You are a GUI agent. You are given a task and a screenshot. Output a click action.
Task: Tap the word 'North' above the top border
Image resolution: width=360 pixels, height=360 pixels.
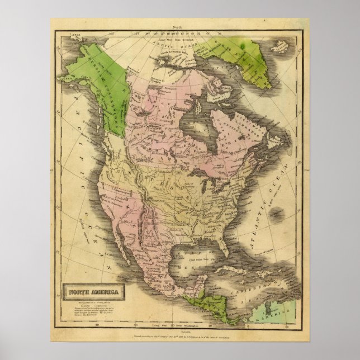tap(177, 26)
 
